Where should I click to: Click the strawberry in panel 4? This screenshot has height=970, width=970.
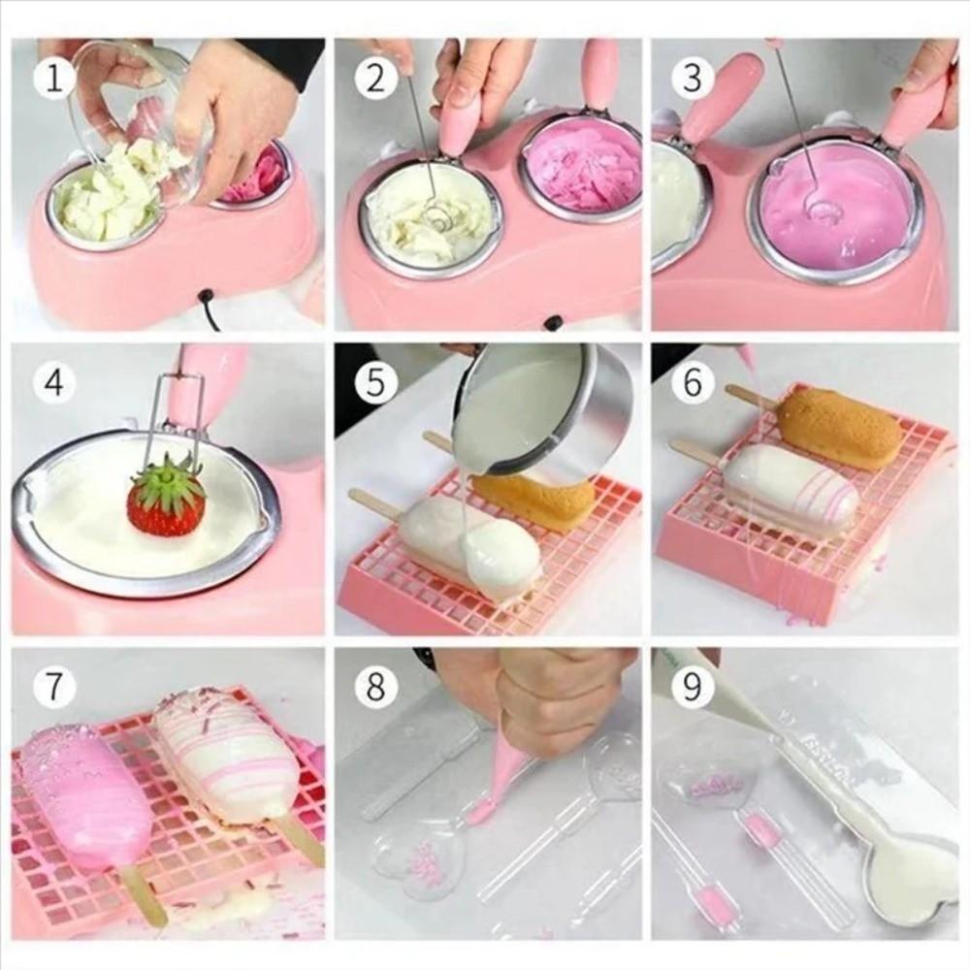167,499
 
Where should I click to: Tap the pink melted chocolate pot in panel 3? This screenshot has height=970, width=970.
834,204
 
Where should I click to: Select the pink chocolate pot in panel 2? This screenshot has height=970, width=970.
582,165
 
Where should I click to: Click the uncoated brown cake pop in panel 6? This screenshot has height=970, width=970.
839,427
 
